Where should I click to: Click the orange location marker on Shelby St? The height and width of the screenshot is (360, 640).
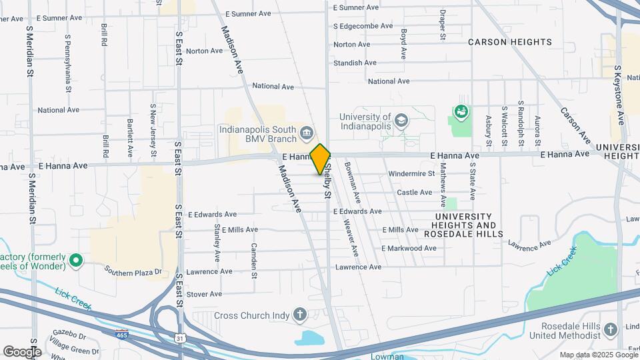pos(320,159)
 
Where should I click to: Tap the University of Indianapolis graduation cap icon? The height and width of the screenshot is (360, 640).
pos(401,121)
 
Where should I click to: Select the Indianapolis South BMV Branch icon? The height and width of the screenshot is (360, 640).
pos(307,132)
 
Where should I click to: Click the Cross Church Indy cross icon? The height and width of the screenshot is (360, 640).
pos(300,314)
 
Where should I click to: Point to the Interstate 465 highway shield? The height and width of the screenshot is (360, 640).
pos(122,331)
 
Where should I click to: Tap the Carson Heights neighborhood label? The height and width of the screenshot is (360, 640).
pos(510,42)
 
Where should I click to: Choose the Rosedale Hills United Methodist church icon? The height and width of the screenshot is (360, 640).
pos(610,329)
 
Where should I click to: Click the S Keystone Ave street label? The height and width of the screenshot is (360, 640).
pos(619,95)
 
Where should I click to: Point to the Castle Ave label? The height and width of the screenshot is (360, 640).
pos(415,192)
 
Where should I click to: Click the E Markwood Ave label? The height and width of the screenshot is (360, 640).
pos(409,248)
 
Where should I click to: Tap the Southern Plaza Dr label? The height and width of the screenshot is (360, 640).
pos(133,271)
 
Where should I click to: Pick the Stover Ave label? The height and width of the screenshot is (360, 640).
pos(204,293)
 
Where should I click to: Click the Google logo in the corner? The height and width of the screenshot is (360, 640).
pos(21,351)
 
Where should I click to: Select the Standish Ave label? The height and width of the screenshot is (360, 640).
pos(355,63)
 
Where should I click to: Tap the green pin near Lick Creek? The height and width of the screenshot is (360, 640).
pos(76,260)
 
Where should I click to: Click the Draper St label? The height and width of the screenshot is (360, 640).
pos(442,23)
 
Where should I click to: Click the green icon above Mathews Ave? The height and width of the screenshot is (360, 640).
pos(461,111)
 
